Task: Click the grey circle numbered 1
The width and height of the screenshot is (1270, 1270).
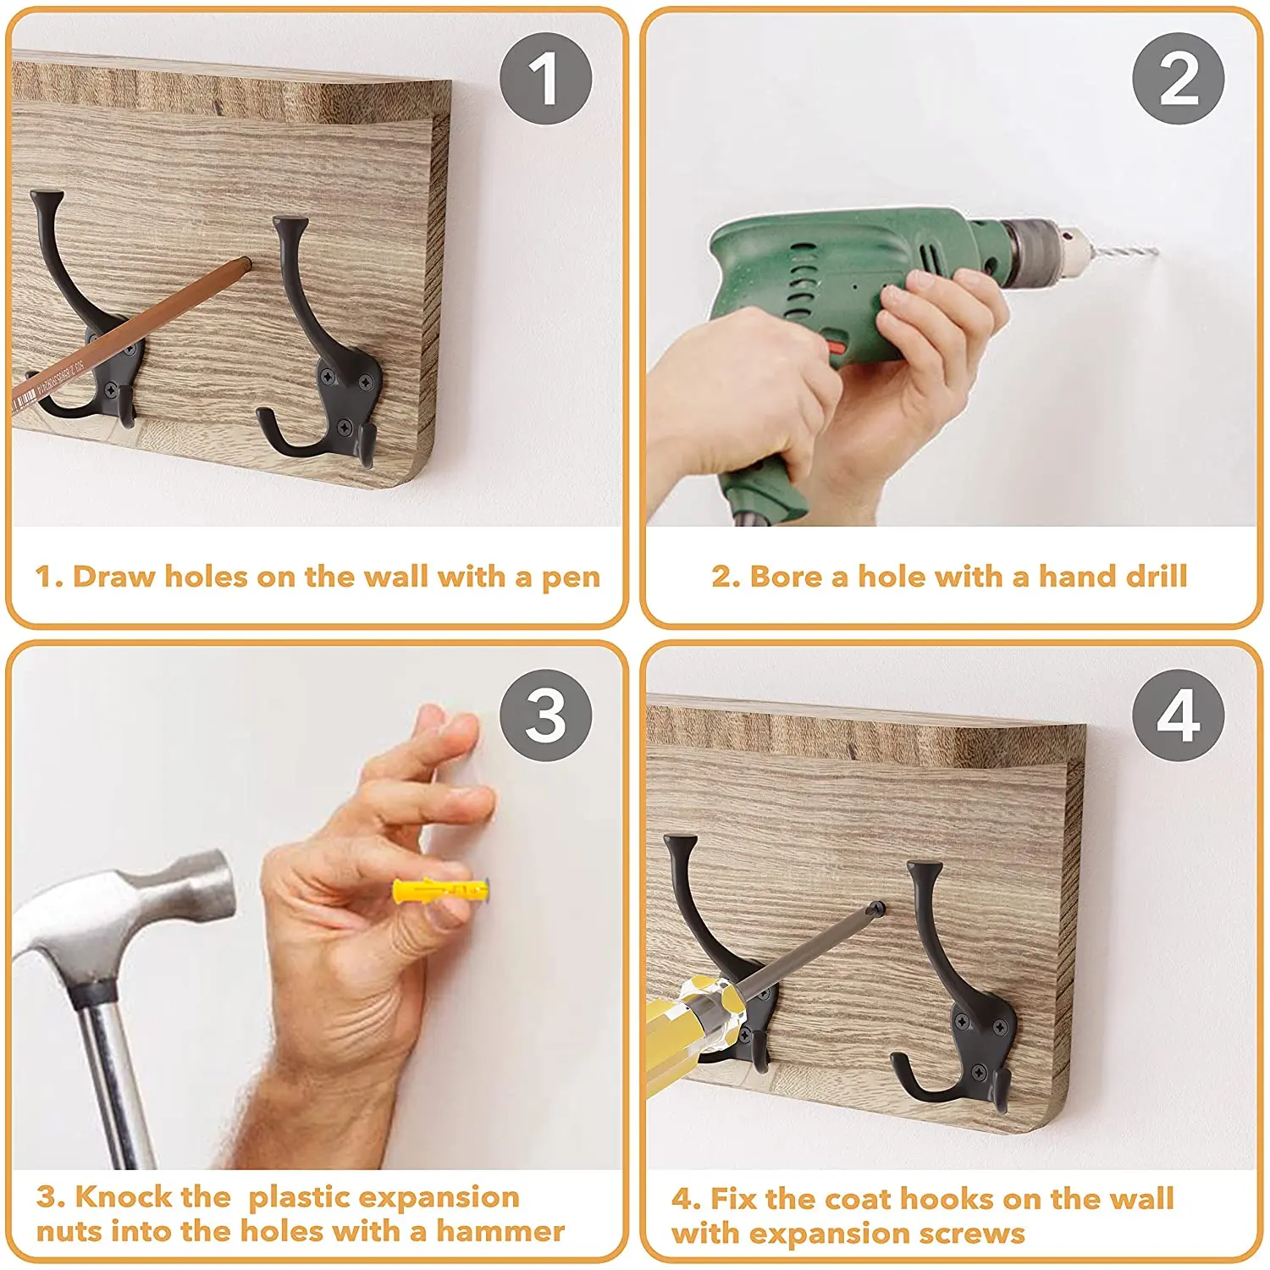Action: point(546,79)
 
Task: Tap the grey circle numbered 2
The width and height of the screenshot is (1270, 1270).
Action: point(1179,79)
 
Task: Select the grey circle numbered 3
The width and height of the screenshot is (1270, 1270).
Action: point(546,715)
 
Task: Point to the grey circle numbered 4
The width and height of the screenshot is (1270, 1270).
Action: point(1179,715)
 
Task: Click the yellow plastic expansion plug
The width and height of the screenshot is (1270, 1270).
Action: point(441,892)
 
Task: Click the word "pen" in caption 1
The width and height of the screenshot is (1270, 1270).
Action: point(571,577)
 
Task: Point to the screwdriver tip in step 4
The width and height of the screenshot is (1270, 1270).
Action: point(881,908)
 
